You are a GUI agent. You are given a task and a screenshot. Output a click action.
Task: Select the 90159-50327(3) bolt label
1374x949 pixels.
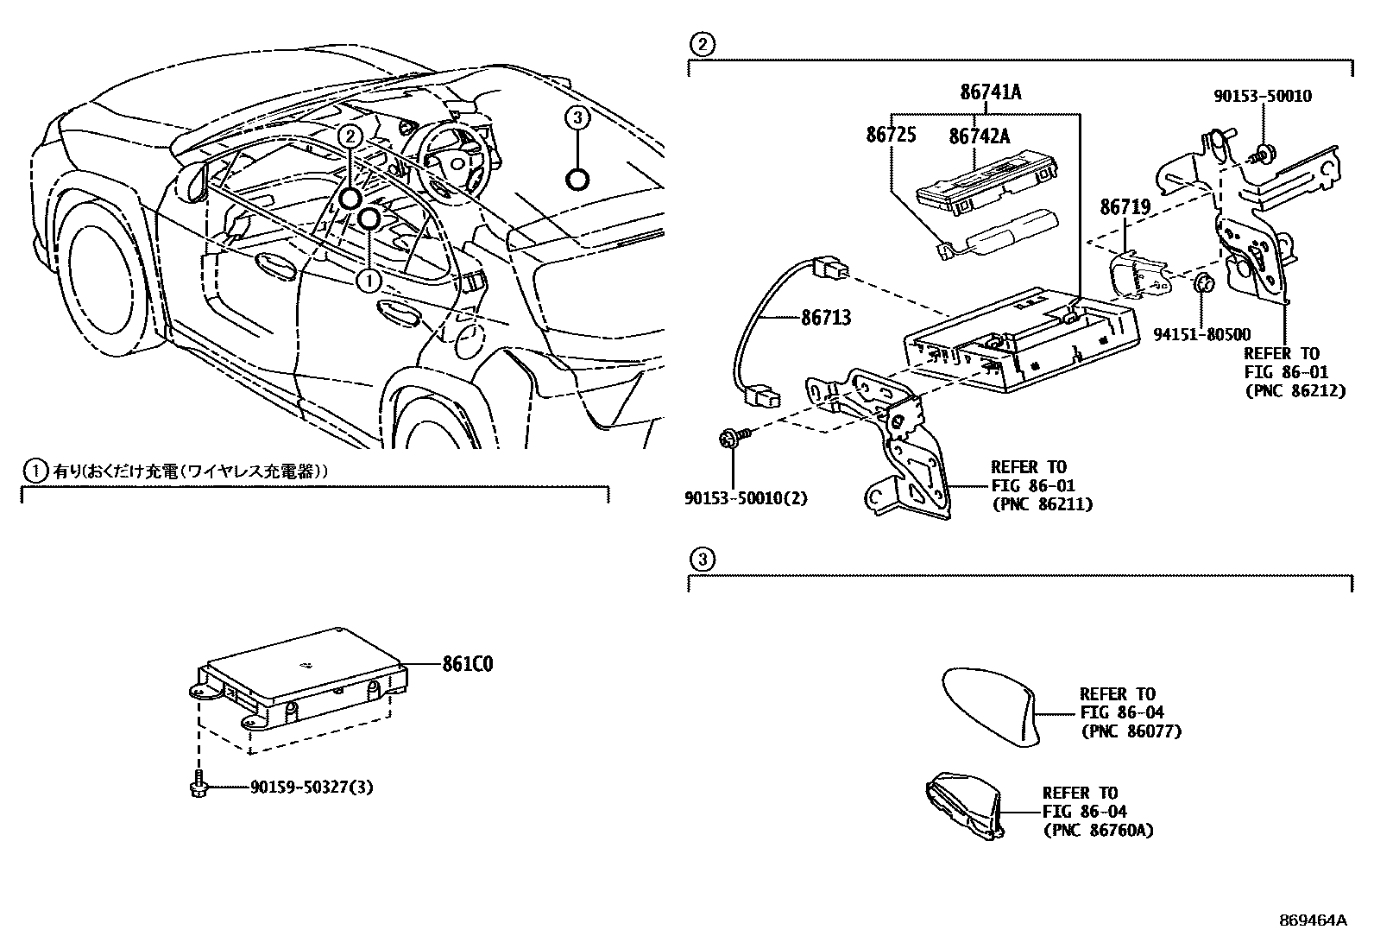point(312,788)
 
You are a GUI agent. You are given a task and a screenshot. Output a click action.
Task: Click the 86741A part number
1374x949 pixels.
point(990,92)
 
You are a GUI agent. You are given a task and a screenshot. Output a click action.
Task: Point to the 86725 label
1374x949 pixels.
point(891,135)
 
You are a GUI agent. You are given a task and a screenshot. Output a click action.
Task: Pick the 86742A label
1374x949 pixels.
point(980,136)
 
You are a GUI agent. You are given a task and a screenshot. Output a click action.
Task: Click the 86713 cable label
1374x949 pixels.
point(826,318)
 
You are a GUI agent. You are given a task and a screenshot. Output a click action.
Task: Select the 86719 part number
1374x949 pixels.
point(1125,207)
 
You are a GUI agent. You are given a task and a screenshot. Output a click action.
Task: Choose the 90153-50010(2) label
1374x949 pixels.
point(746,499)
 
